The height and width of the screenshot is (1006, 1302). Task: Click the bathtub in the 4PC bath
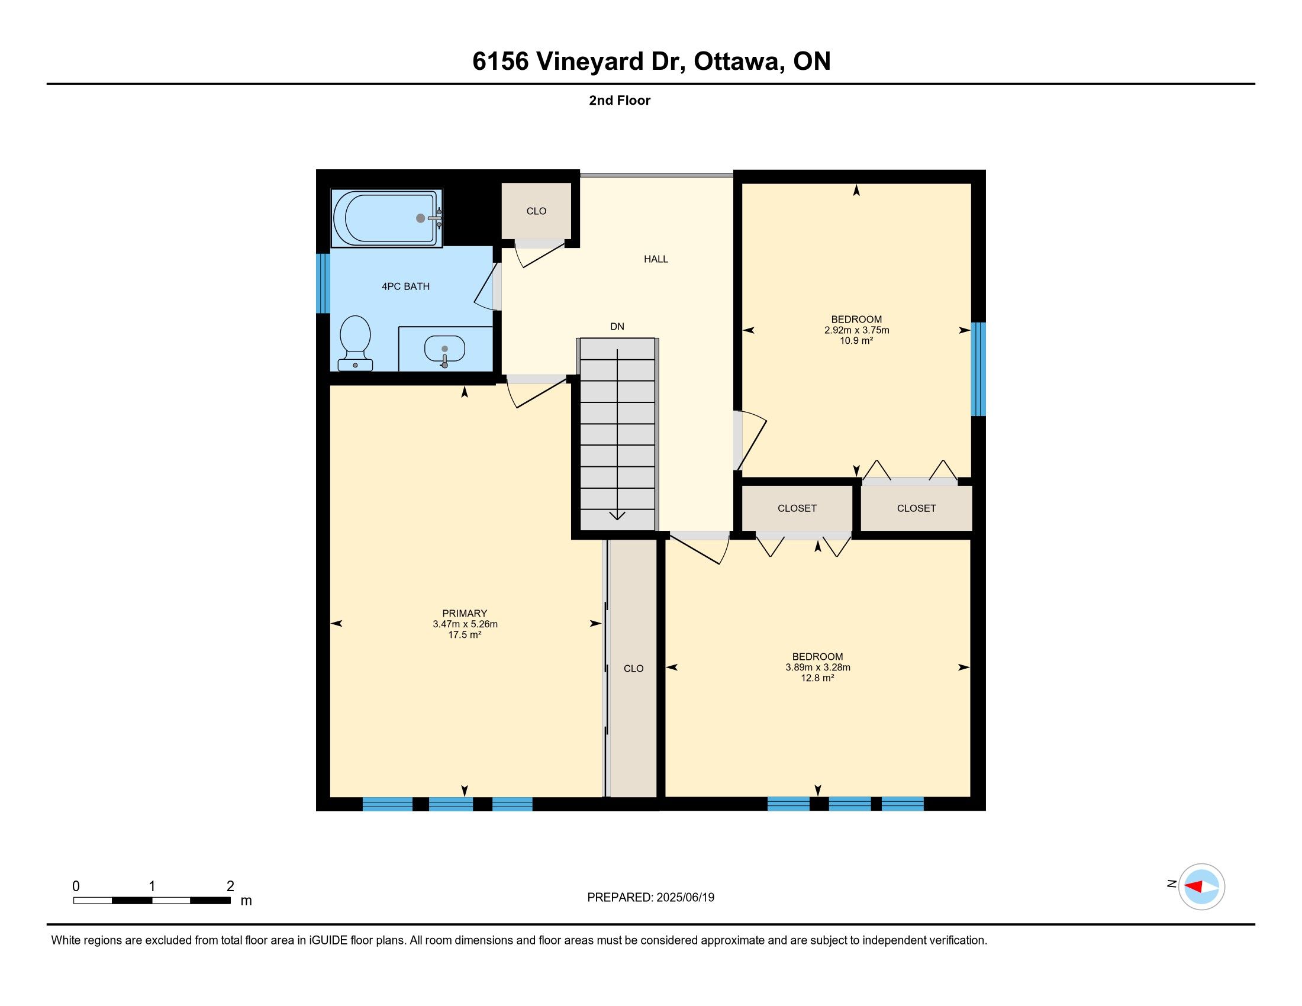[x=387, y=218]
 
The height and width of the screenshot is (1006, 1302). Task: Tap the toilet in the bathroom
[x=355, y=343]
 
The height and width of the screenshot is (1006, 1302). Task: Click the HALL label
[x=656, y=259]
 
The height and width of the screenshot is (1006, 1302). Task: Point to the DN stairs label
[x=617, y=327]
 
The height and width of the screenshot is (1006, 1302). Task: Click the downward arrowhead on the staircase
[x=617, y=515]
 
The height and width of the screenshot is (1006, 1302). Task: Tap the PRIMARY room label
[x=465, y=613]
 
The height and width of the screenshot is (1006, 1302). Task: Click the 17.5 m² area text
[x=465, y=635]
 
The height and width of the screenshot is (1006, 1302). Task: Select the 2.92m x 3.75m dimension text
[x=857, y=330]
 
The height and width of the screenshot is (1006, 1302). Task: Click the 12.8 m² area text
[x=817, y=678]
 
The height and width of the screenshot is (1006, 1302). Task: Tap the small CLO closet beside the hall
[x=537, y=211]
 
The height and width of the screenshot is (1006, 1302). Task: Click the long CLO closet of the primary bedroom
[x=633, y=668]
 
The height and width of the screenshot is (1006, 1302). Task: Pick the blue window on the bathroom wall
[x=323, y=283]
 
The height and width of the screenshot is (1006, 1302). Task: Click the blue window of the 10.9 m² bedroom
[x=978, y=369]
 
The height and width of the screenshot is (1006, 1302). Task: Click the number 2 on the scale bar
[x=230, y=886]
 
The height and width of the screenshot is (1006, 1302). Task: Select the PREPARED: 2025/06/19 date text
[x=650, y=898]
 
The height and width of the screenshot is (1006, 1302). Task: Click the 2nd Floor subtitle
[x=620, y=101]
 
